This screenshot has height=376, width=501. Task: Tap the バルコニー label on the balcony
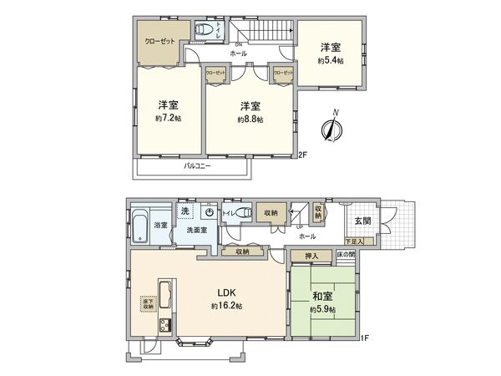(x=197, y=165)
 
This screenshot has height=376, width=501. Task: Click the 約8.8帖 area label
(x=250, y=119)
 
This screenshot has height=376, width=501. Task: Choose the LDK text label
(x=229, y=292)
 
